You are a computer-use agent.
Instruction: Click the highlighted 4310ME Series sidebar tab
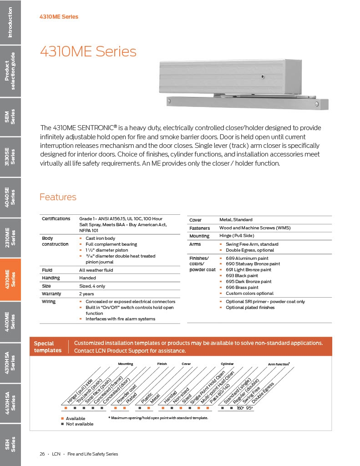click(10, 279)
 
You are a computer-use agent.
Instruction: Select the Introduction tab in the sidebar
click(10, 22)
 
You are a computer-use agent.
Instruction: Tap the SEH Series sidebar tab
click(10, 444)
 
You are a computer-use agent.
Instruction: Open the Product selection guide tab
click(10, 71)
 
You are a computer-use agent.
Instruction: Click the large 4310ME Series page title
click(88, 51)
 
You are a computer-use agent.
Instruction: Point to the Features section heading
click(58, 197)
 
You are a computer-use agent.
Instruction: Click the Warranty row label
click(51, 294)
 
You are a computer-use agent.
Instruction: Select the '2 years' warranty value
click(87, 294)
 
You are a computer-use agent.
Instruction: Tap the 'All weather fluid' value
click(96, 270)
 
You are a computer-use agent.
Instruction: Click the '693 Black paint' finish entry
click(242, 276)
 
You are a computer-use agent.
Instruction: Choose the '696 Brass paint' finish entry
click(242, 288)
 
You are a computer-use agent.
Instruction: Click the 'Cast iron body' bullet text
click(100, 238)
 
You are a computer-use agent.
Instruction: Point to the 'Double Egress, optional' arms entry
click(250, 250)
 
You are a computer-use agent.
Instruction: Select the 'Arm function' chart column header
click(279, 365)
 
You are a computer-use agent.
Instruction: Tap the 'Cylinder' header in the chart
click(227, 364)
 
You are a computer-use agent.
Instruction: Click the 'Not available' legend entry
click(79, 424)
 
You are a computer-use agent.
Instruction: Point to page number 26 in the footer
click(42, 454)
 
